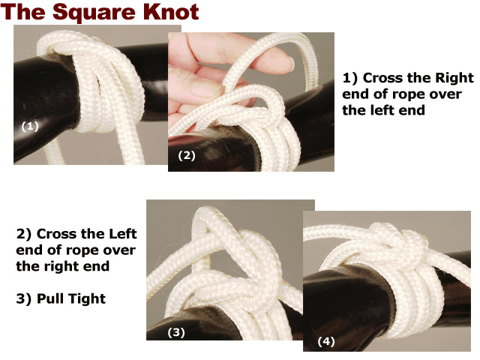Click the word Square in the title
tap(94, 13)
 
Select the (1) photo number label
tap(30, 126)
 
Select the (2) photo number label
tap(187, 155)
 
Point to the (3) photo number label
tap(176, 332)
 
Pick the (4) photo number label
tap(326, 341)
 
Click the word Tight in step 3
tap(91, 299)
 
